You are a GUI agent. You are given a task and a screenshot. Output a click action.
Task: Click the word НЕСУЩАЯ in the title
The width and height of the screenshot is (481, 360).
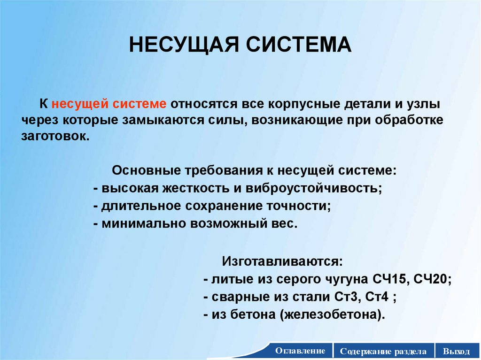click(179, 45)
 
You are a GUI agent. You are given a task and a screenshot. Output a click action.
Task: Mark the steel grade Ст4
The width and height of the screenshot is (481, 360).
click(363, 297)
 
